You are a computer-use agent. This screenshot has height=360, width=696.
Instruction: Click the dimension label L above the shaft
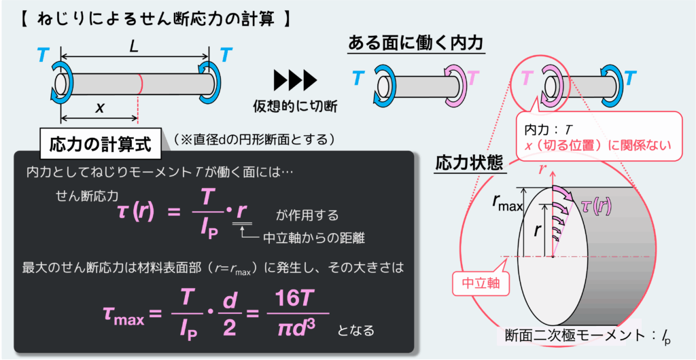(x=134, y=48)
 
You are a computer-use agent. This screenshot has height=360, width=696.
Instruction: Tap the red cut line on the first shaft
(x=140, y=84)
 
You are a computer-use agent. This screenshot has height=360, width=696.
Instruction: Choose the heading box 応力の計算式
(x=101, y=145)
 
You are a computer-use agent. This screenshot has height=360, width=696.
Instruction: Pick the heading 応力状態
(x=469, y=164)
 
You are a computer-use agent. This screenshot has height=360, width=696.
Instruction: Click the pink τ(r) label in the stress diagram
(x=594, y=205)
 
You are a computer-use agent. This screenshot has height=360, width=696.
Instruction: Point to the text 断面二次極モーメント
(x=577, y=336)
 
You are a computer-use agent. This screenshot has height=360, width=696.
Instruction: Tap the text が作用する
(x=307, y=215)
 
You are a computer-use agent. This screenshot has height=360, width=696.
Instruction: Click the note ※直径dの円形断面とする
(x=254, y=139)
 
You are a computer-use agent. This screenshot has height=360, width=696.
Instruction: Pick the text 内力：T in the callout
(x=549, y=128)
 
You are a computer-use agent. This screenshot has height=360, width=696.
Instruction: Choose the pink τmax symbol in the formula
(x=123, y=314)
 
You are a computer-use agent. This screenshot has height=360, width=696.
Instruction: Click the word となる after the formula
(x=356, y=331)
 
